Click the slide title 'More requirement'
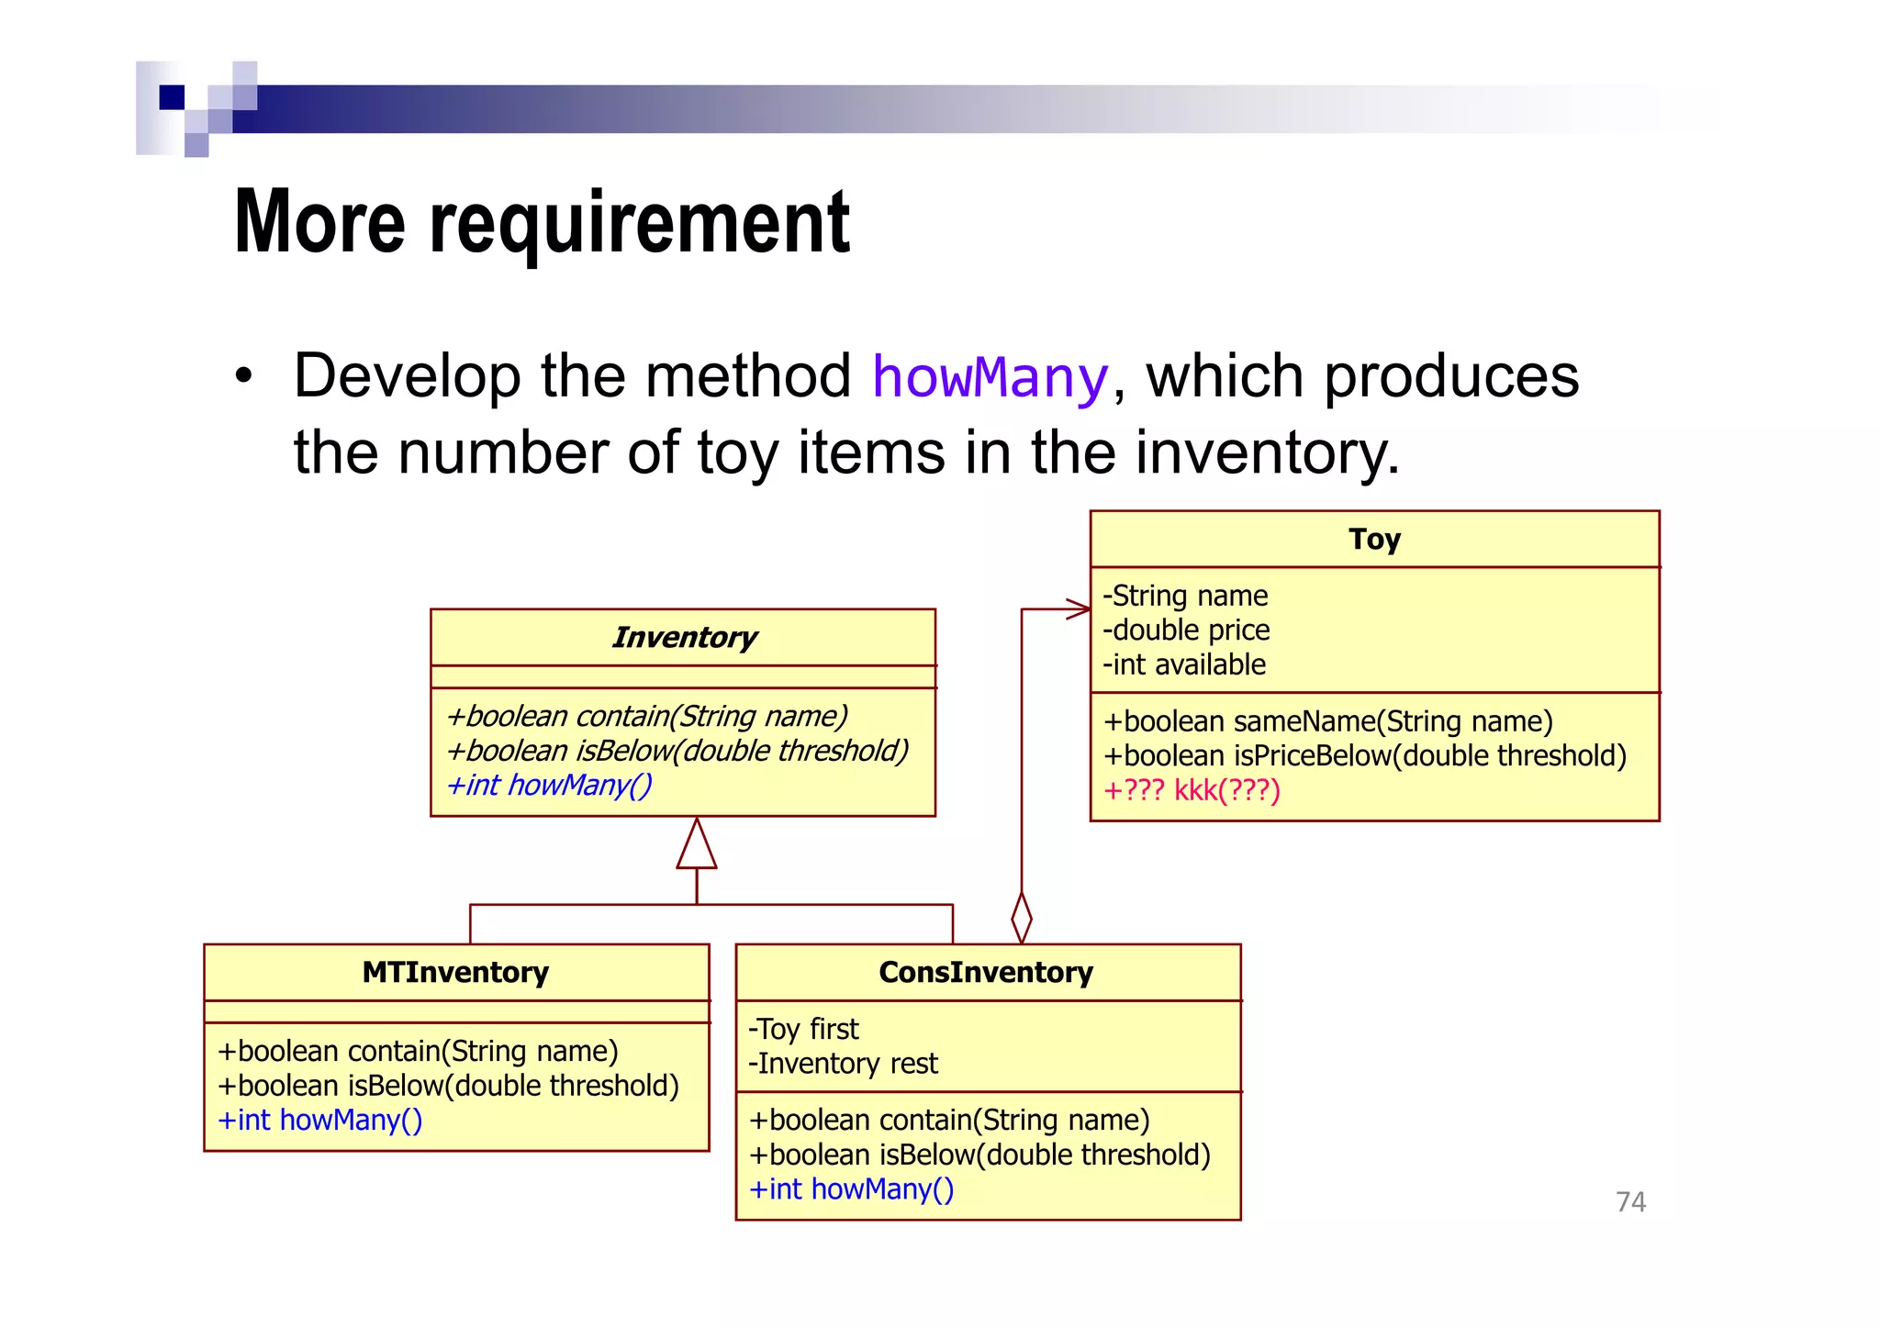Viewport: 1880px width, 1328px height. pos(542,222)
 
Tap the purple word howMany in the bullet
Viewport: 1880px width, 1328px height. pos(990,377)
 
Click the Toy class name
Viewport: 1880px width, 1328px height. pos(1374,539)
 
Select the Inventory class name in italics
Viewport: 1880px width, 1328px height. pos(684,637)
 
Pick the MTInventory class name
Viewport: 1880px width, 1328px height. pos(455,972)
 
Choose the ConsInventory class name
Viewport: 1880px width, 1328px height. pos(986,972)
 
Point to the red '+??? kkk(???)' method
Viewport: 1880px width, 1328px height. pos(1192,790)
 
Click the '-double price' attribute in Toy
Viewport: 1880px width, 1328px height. pos(1186,631)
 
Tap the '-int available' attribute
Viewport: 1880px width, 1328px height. pos(1184,664)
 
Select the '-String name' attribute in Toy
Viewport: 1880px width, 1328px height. pos(1185,596)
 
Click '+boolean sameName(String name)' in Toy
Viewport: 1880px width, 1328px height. pos(1327,721)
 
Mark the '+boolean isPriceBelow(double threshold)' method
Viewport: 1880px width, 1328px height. pos(1364,756)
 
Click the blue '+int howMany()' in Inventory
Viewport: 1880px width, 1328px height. pos(549,786)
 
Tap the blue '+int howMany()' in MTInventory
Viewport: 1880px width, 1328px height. pos(319,1121)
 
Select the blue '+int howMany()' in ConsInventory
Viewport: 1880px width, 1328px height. pos(851,1189)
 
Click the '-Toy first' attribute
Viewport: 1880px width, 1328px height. pos(803,1029)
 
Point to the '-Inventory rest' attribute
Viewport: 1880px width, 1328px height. pos(843,1064)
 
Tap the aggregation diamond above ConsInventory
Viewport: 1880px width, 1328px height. pos(1022,917)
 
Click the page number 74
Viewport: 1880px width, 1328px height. pos(1630,1201)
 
